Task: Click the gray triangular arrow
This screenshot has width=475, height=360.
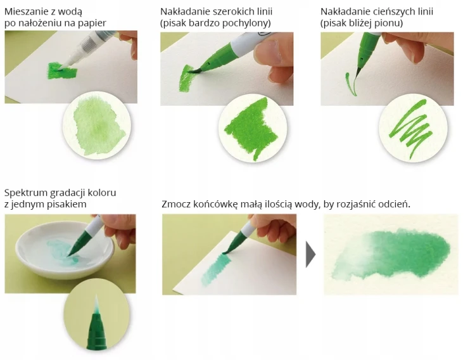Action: pyautogui.click(x=310, y=254)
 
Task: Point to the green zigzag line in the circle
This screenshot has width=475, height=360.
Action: pyautogui.click(x=411, y=129)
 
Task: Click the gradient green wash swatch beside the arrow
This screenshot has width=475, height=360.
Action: pyautogui.click(x=391, y=254)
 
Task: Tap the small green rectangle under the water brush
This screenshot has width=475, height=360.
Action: pyautogui.click(x=62, y=70)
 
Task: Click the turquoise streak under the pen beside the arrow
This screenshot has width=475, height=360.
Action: pyautogui.click(x=217, y=268)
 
